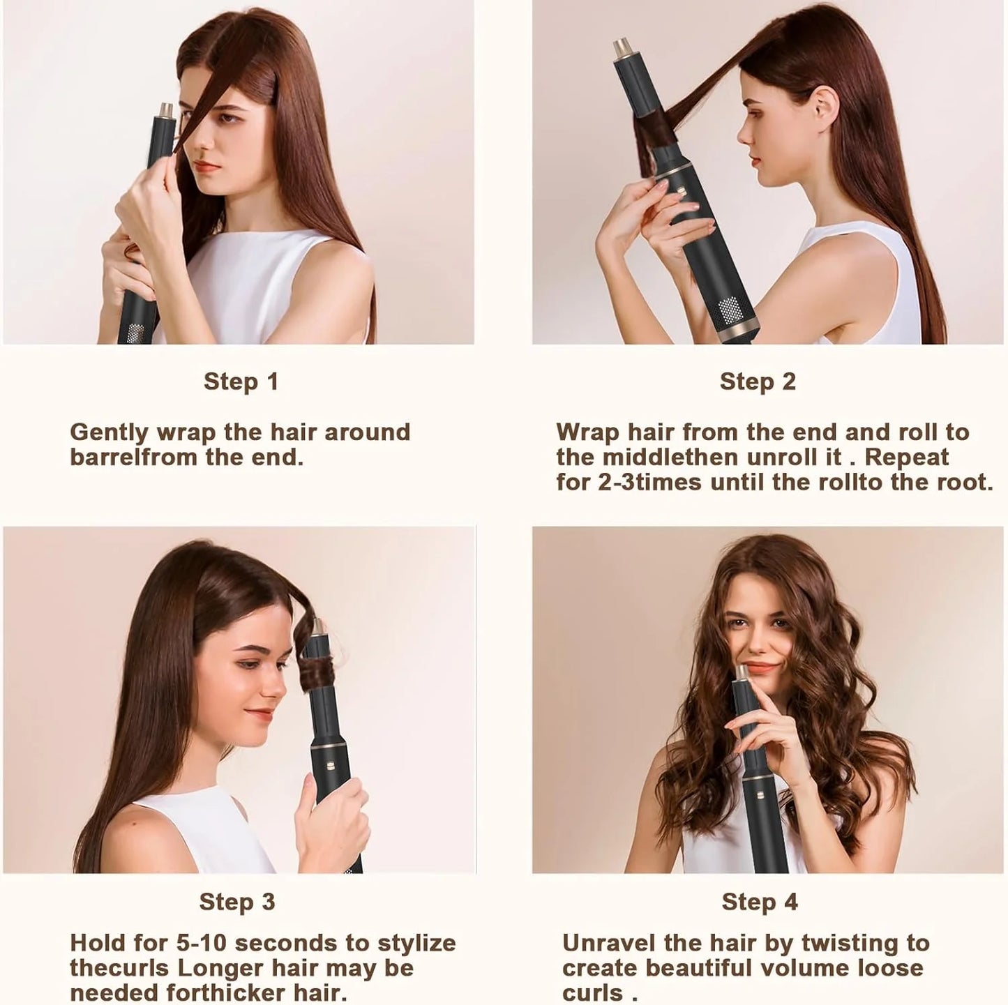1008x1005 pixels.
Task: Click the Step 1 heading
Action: [241, 381]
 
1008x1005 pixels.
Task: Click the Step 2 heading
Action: [757, 381]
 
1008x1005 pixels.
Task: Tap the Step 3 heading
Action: [237, 901]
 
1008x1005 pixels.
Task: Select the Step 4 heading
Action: [759, 901]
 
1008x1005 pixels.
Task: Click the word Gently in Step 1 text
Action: [109, 432]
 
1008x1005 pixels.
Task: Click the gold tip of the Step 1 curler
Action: [165, 109]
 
